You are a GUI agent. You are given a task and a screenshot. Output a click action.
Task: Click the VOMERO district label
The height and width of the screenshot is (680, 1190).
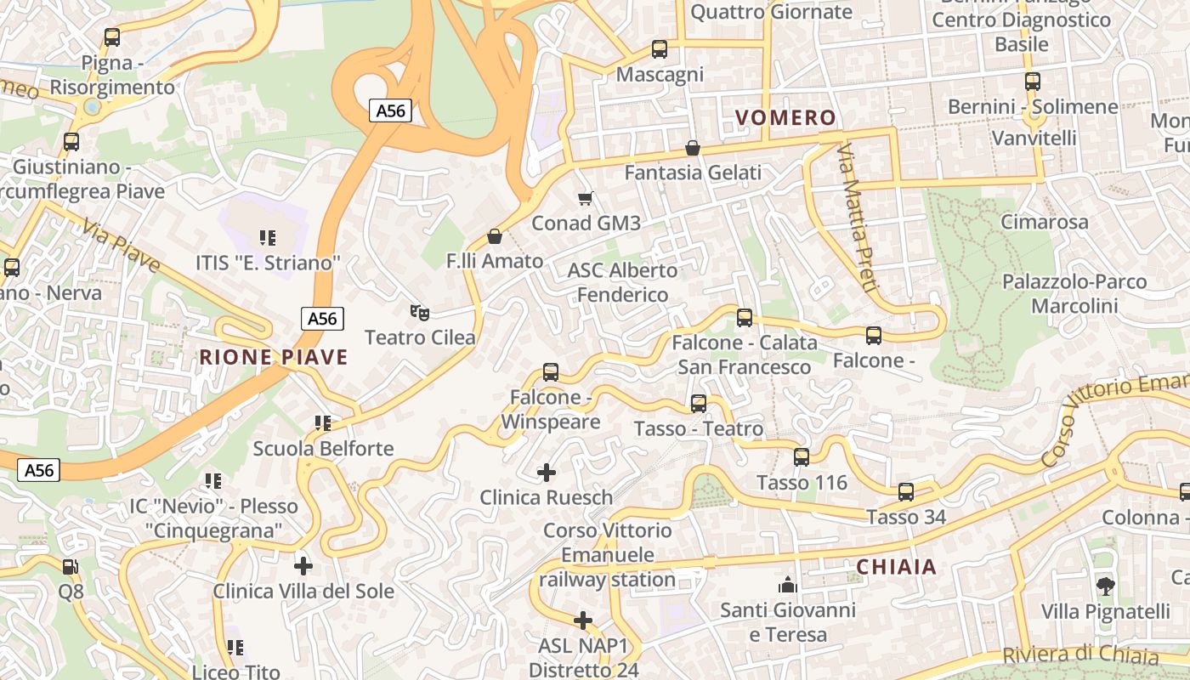coord(785,118)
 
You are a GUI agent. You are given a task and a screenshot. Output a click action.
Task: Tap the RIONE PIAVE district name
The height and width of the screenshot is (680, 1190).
coord(274,357)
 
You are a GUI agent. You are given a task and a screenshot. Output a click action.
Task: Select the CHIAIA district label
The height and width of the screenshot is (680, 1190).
coord(896,567)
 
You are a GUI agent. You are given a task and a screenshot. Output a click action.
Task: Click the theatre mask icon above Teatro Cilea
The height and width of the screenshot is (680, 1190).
coord(417,313)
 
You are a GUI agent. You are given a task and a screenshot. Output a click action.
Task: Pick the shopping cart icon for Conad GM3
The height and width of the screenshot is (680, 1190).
coord(585,199)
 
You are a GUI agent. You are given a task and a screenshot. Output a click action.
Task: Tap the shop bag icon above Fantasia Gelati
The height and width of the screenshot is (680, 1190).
coord(693,148)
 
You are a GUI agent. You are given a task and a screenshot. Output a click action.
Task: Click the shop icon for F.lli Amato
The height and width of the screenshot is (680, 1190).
coord(494,236)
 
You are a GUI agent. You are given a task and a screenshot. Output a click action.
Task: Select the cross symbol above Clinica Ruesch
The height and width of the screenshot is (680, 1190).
coord(547,472)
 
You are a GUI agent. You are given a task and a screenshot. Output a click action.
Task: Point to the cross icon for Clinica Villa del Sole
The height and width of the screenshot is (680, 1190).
coord(303,565)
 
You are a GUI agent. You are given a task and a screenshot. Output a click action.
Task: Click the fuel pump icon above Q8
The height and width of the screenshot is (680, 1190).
coord(71,566)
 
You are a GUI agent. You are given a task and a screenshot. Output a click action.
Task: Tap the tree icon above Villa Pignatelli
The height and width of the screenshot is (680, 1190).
coord(1105,586)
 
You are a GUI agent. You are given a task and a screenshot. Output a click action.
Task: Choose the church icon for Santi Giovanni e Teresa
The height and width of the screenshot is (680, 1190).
coord(787,585)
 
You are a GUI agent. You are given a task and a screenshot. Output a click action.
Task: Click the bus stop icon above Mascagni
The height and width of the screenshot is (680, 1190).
coord(659,49)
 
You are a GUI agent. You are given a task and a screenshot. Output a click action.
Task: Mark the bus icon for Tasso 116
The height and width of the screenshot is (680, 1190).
coord(801,457)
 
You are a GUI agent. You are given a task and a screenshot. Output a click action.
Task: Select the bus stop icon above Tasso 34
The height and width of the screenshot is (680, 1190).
coord(906,491)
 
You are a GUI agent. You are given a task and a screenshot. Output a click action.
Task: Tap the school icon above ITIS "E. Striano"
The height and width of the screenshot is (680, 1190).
coord(268,238)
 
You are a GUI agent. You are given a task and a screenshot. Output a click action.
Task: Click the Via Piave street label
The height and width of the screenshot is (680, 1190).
coord(122,247)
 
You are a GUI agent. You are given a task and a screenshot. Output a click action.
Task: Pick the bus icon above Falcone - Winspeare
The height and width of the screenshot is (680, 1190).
coord(550,371)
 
